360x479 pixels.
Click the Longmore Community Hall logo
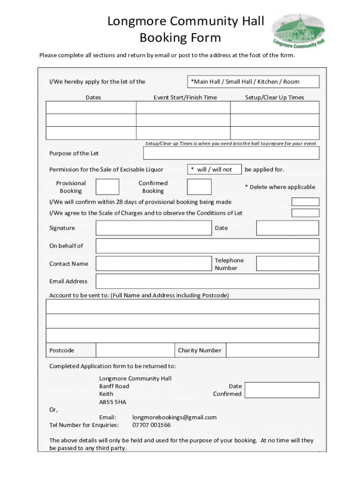[x=298, y=30]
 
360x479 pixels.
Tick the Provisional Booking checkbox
[x=107, y=187]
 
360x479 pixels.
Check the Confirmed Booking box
[x=199, y=187]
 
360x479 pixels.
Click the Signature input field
[x=153, y=228]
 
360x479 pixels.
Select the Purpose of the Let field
[x=231, y=153]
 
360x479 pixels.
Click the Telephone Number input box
[x=288, y=264]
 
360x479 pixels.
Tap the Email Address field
[x=207, y=282]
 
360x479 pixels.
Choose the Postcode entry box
[x=135, y=350]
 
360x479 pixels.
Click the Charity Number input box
[x=272, y=350]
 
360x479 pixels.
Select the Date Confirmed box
[x=282, y=390]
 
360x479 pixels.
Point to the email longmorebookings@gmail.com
[x=174, y=417]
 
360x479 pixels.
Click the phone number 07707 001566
[x=151, y=425]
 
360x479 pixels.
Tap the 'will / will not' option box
[x=214, y=169]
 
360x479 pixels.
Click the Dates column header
[x=93, y=98]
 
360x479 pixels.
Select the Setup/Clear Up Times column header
[x=274, y=98]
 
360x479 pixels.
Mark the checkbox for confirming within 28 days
[x=305, y=202]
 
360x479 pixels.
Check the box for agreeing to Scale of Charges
[x=305, y=213]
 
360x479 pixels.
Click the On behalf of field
[x=207, y=246]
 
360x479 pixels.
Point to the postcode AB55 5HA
[x=113, y=402]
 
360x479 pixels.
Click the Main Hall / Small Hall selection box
[x=253, y=82]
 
